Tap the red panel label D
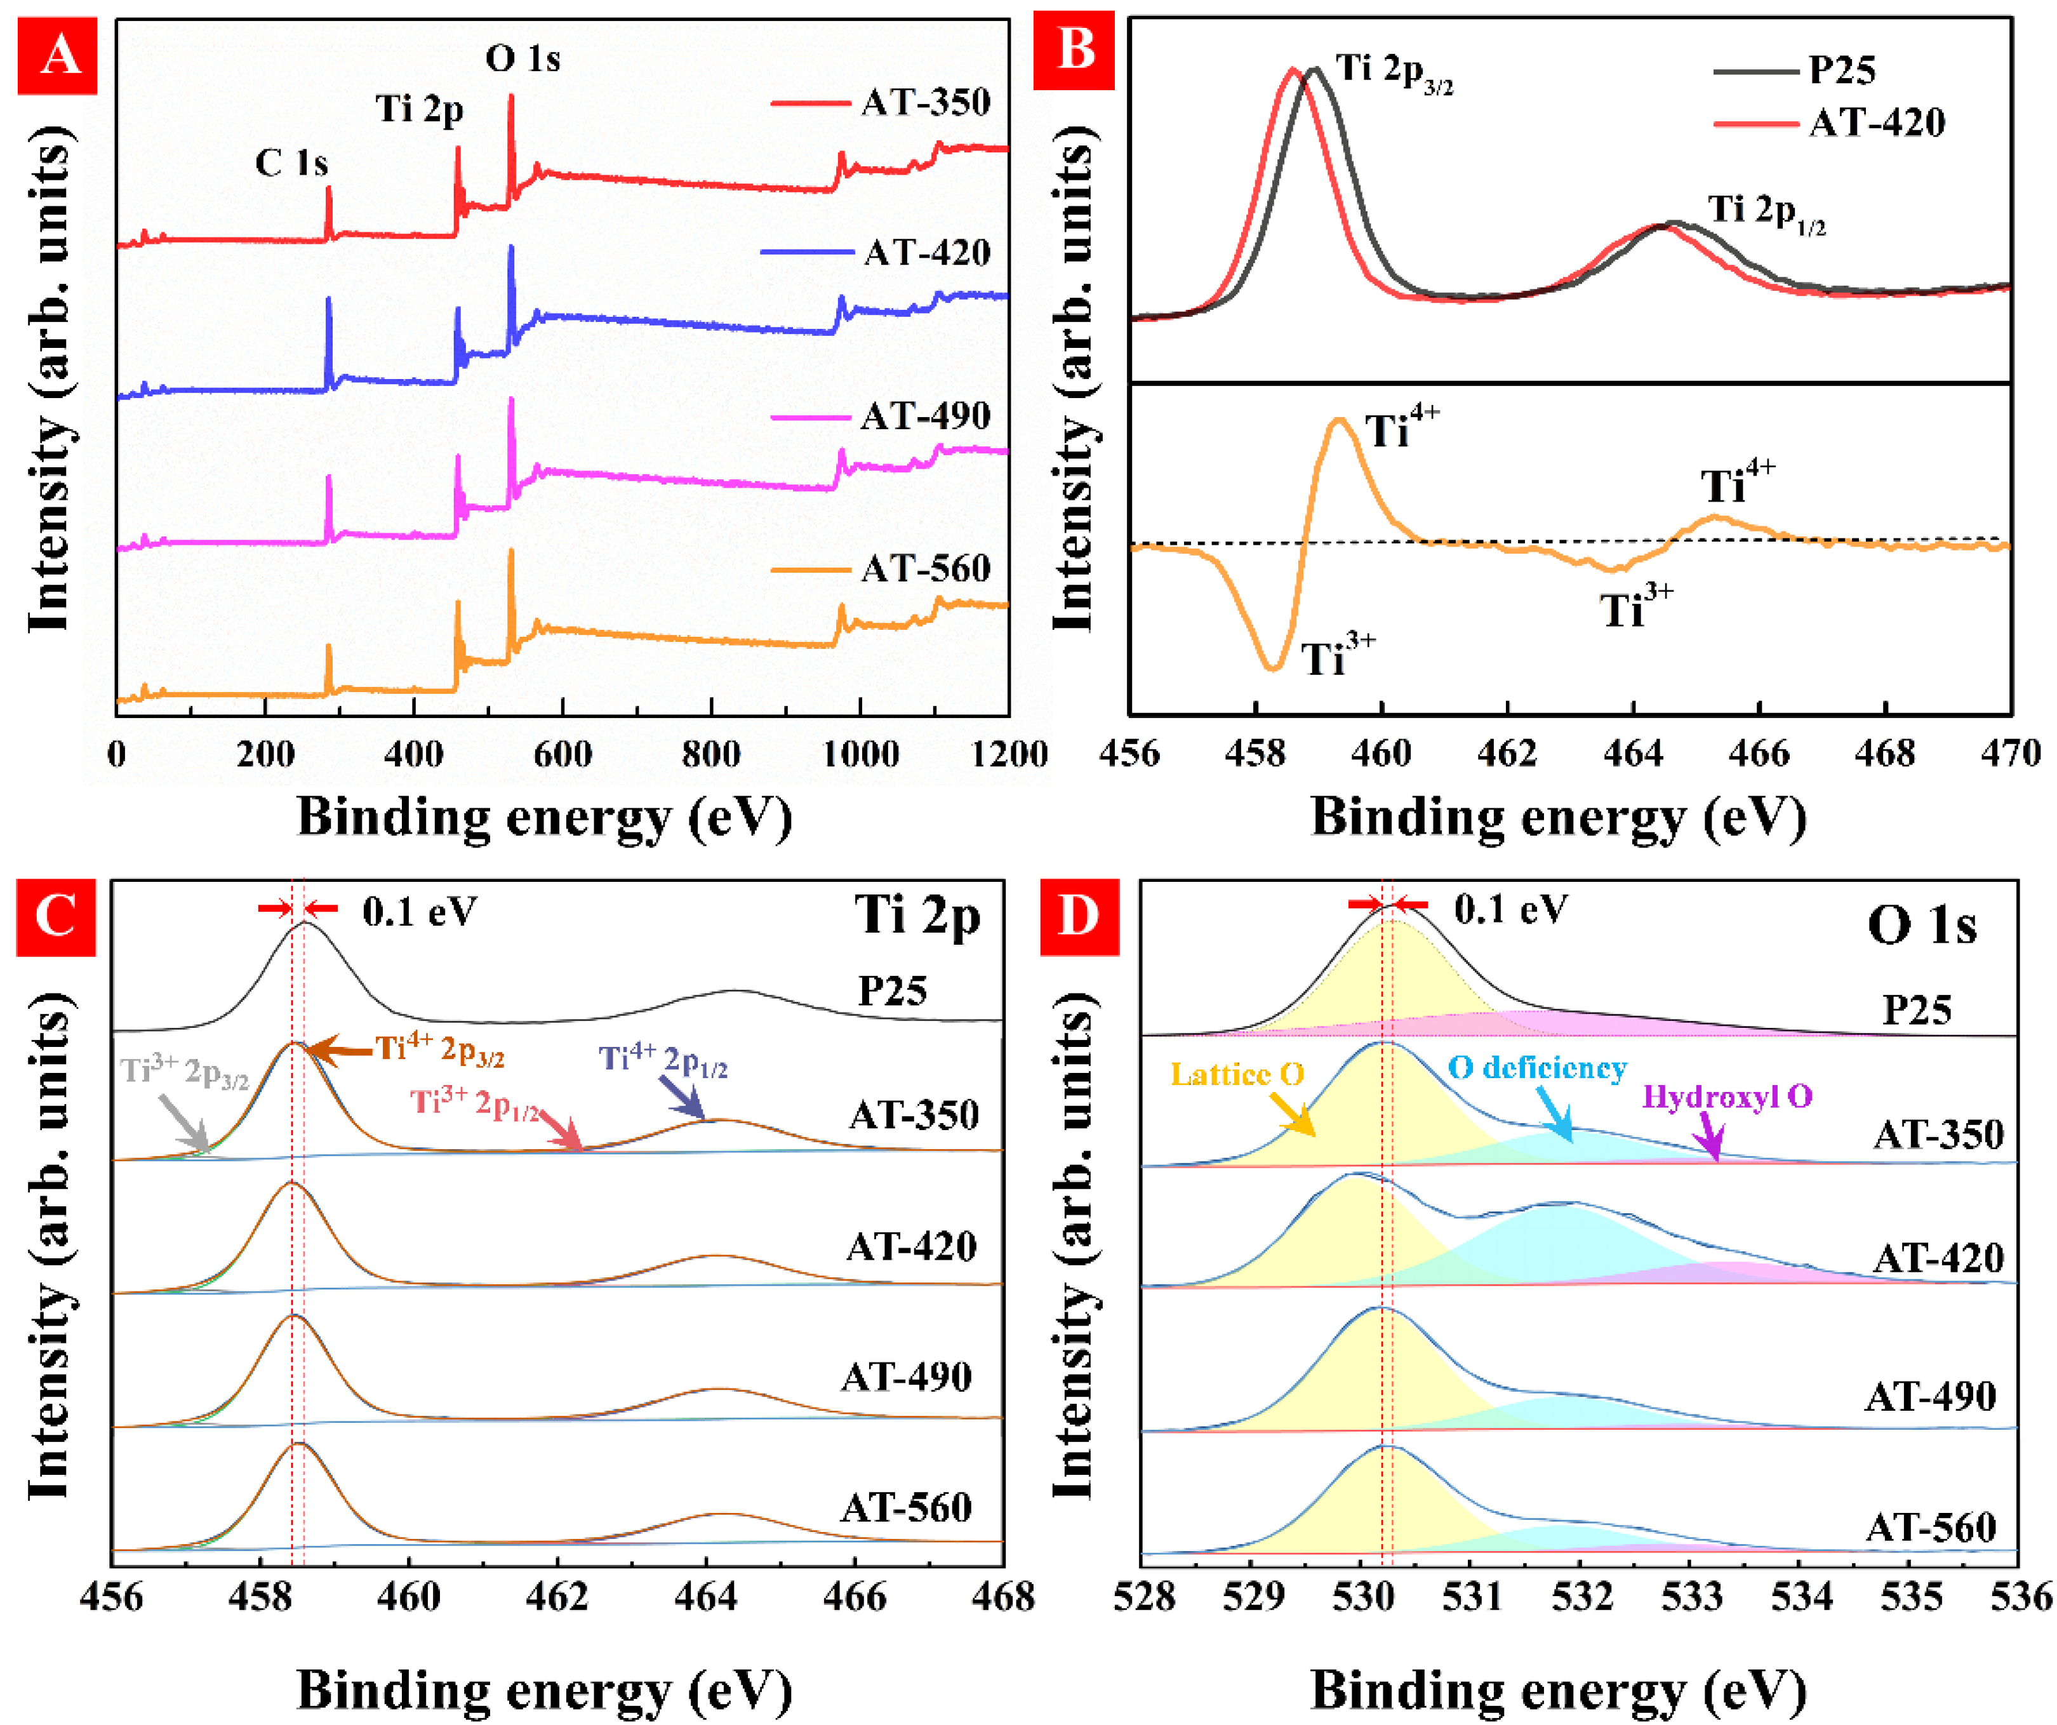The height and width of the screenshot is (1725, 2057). tap(1079, 916)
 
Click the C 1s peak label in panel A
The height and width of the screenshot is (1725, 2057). tap(291, 163)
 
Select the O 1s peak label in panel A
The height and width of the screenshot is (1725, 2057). tap(523, 59)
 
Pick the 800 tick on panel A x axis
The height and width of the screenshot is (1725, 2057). tap(711, 754)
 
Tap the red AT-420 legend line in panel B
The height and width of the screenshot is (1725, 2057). tap(1756, 123)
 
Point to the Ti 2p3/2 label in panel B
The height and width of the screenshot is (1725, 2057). tap(1393, 70)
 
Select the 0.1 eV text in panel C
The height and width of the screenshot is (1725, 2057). tap(419, 912)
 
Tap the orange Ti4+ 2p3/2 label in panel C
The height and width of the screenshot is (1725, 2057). tap(441, 1050)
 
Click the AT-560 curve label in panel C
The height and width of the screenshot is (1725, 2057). tap(906, 1507)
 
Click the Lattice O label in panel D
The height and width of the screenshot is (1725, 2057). tap(1237, 1075)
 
